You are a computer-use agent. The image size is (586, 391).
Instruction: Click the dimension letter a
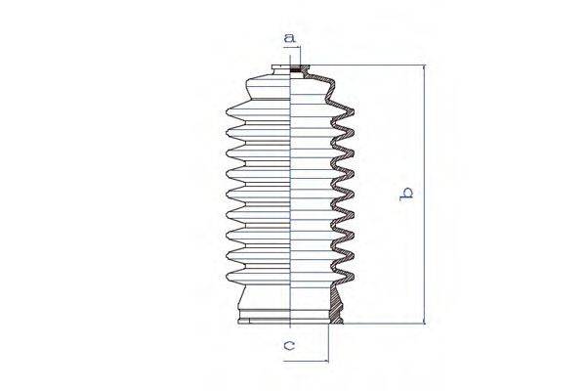click(289, 38)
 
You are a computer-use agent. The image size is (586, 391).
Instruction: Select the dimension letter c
click(290, 344)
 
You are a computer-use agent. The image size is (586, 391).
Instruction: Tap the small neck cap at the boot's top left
click(281, 71)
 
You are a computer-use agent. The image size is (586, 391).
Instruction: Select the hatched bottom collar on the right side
click(336, 311)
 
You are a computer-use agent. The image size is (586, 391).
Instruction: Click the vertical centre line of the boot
click(293, 195)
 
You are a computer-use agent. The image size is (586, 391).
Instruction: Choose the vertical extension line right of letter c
click(329, 342)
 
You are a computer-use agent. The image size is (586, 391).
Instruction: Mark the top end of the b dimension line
click(424, 67)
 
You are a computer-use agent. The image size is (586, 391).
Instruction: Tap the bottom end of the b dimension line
click(424, 324)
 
